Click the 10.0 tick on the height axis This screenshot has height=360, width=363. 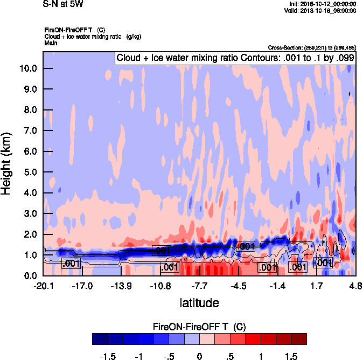tap(29, 68)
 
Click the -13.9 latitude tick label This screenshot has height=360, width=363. tap(121, 286)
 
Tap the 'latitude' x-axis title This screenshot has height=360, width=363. tap(199, 302)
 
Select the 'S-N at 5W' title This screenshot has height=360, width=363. tap(63, 4)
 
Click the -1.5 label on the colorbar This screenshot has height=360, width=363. tap(108, 356)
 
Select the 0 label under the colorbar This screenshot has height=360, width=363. tap(199, 356)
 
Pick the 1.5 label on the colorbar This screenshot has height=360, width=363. tap(291, 356)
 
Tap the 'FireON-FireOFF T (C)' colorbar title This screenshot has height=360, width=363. tap(199, 327)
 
